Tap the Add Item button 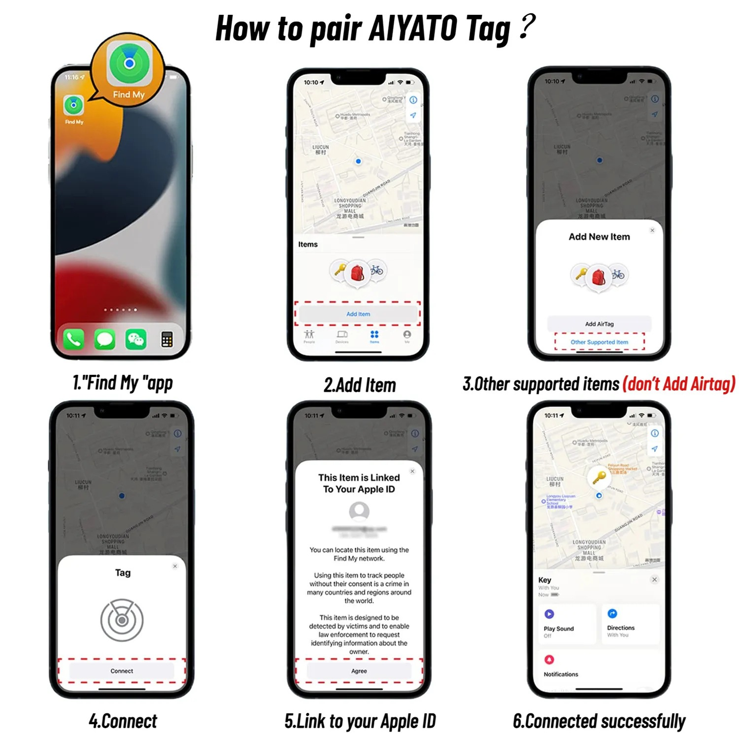click(x=358, y=314)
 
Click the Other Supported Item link click(x=599, y=342)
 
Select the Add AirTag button click(x=599, y=324)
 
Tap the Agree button click(x=359, y=671)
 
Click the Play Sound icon click(x=549, y=614)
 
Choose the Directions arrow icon click(x=612, y=614)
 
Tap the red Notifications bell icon click(x=549, y=660)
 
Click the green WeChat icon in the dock click(x=136, y=339)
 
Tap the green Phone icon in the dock click(x=74, y=339)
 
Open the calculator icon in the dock click(x=167, y=339)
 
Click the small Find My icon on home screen click(x=74, y=105)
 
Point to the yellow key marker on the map click(x=599, y=478)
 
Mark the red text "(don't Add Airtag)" click(x=679, y=384)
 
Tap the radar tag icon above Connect click(x=122, y=620)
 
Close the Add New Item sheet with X click(x=652, y=231)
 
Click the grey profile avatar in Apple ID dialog click(x=359, y=511)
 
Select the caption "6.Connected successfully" click(x=599, y=721)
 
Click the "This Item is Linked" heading click(x=359, y=478)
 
